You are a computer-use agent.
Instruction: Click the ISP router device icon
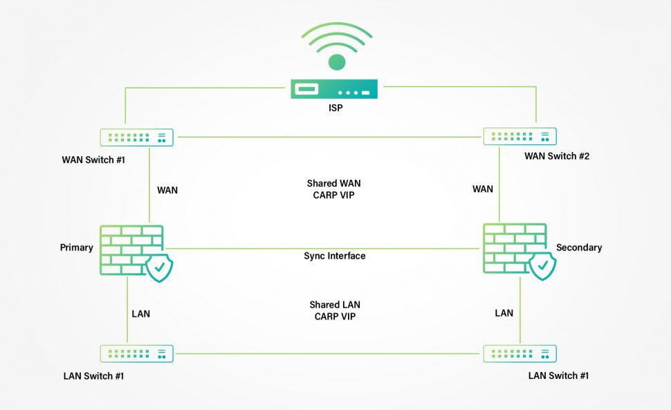335,89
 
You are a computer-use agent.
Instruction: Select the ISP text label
335,109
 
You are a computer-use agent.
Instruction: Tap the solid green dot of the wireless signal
336,62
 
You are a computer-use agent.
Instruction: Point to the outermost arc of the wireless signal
336,28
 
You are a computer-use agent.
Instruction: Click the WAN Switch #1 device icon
136,137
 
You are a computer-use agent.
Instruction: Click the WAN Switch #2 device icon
520,137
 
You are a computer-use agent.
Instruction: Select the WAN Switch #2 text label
557,156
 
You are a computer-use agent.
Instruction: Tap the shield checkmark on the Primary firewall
160,268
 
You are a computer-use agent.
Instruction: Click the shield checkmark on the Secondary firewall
542,265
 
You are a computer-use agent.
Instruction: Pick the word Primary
76,248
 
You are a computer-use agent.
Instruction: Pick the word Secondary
579,248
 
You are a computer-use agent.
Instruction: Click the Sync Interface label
335,256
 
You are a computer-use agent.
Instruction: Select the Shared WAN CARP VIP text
335,189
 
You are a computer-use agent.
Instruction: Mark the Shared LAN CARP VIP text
335,310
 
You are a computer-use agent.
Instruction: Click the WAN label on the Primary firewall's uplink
167,190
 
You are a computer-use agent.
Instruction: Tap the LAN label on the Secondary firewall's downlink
504,313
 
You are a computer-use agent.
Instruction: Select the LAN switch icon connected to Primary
136,353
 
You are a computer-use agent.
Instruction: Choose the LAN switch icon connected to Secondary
520,353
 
